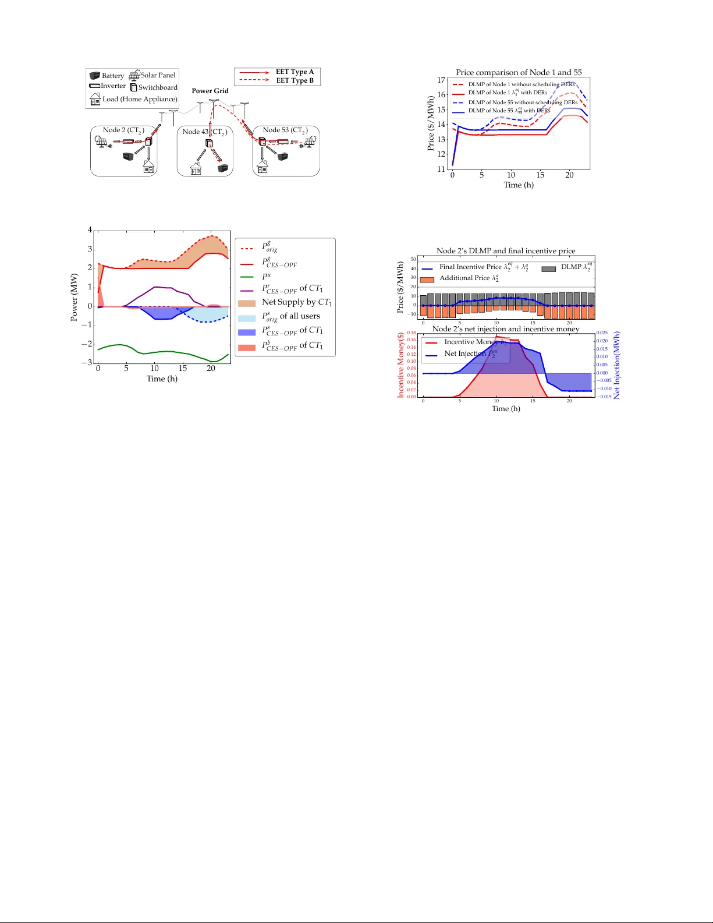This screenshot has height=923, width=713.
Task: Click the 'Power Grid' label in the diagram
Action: [x=210, y=91]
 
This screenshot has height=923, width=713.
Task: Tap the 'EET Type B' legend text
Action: [x=295, y=80]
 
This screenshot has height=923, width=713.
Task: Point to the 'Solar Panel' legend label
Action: [x=158, y=75]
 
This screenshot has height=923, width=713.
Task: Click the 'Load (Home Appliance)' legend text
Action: [x=140, y=99]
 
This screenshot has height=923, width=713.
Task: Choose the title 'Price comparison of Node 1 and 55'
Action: [x=519, y=72]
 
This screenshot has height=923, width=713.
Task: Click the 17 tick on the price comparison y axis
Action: [x=442, y=80]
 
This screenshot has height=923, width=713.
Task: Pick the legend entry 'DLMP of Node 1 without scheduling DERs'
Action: [x=521, y=84]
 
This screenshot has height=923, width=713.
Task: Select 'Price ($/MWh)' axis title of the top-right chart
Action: [x=431, y=123]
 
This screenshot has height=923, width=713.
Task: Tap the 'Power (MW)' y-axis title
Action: [x=74, y=297]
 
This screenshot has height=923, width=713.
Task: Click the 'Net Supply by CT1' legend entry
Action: [x=296, y=302]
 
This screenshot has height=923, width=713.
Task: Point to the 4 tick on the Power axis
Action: [x=90, y=230]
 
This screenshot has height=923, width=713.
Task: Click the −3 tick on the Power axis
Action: [x=87, y=363]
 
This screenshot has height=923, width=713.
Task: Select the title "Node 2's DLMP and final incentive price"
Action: [x=506, y=251]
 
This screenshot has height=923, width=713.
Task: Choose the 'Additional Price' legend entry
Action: [x=469, y=278]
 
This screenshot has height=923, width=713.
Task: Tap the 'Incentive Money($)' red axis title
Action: [x=400, y=365]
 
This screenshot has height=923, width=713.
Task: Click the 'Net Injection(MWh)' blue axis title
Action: [x=617, y=365]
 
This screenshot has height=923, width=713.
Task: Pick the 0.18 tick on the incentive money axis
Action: [x=412, y=333]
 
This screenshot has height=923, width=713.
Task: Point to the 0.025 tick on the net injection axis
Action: [x=602, y=333]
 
